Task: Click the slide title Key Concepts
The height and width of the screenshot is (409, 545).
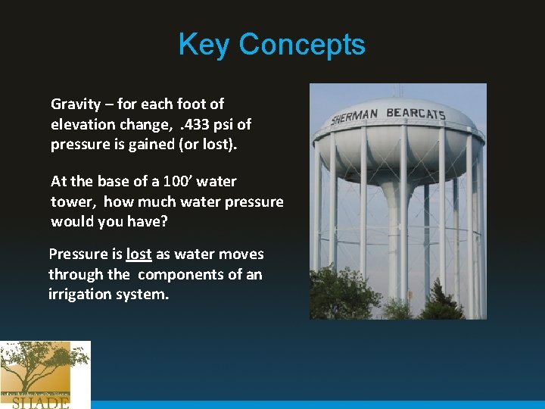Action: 272,45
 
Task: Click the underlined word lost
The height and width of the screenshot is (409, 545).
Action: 139,254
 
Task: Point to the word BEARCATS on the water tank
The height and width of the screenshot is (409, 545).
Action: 416,114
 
